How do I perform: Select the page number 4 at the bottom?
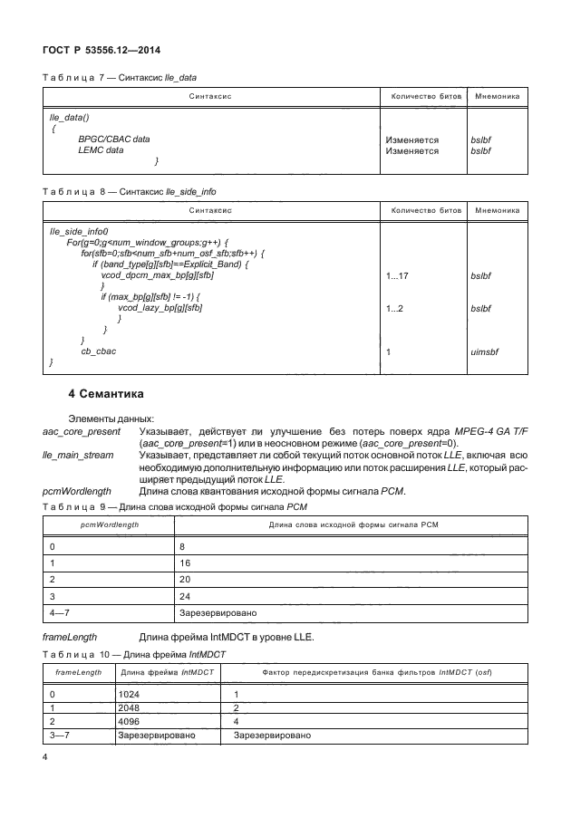pyautogui.click(x=46, y=755)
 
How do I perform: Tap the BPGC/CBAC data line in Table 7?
pyautogui.click(x=114, y=139)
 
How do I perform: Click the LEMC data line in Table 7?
pyautogui.click(x=101, y=150)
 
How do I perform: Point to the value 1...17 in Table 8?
pyautogui.click(x=399, y=274)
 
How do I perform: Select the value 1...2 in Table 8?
pyautogui.click(x=396, y=309)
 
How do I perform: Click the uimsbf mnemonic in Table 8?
pyautogui.click(x=487, y=351)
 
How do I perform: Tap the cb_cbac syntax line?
pyautogui.click(x=99, y=351)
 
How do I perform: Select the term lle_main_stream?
pyautogui.click(x=76, y=457)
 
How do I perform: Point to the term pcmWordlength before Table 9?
pyautogui.click(x=77, y=491)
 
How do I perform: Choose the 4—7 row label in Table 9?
pyautogui.click(x=60, y=612)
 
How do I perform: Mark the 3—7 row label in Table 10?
pyautogui.click(x=60, y=736)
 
